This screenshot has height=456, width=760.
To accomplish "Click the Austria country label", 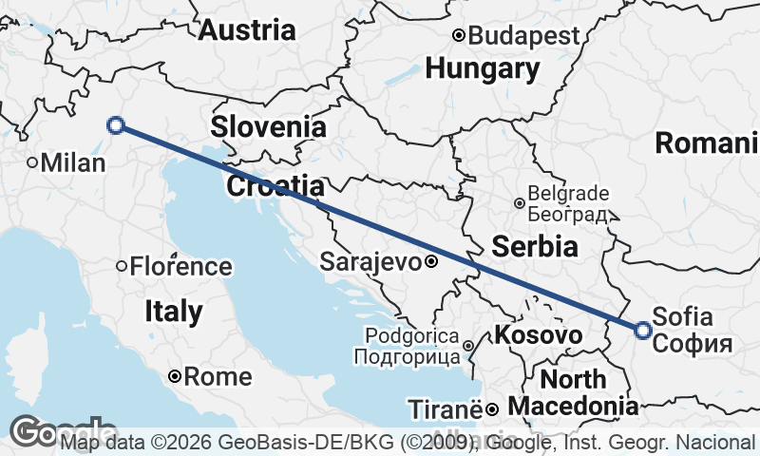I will tap(247, 29).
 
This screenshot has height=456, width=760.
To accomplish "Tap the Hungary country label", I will tap(483, 68).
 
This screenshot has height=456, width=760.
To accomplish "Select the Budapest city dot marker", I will tap(459, 36).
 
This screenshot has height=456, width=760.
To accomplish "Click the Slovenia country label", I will tap(269, 126).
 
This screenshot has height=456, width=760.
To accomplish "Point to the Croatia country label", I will tap(275, 185).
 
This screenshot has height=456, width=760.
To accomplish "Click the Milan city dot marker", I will tap(32, 163).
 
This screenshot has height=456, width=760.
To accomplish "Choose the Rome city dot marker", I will tap(176, 377).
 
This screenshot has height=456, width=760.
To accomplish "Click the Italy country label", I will tap(174, 311).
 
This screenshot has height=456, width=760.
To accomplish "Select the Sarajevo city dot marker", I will tap(430, 261).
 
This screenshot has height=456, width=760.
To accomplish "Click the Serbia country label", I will tap(535, 247).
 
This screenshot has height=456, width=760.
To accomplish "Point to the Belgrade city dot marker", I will tap(520, 203).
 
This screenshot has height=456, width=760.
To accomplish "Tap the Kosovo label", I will tap(539, 334).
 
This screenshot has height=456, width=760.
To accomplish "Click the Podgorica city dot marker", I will tap(468, 346).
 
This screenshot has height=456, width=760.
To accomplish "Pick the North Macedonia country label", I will tap(573, 393).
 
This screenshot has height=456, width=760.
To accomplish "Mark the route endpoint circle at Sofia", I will tap(643, 331).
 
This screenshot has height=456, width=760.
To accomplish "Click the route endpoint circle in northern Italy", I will tap(116, 124).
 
